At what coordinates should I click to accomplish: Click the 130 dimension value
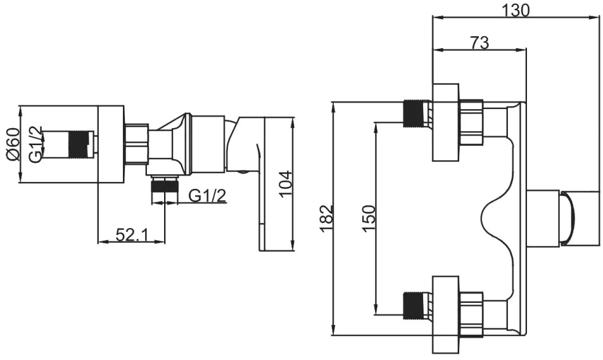516,10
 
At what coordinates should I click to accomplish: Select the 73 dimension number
479,42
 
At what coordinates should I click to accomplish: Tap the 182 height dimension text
326,219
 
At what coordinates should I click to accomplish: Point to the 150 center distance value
369,219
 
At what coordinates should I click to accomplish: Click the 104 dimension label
286,183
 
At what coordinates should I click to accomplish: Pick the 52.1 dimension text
132,235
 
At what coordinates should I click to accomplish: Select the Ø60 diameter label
13,145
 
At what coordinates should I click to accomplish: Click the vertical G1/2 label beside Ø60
35,145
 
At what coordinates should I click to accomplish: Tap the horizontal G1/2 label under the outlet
207,196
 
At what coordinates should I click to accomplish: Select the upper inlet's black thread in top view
412,113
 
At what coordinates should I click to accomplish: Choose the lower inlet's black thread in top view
412,305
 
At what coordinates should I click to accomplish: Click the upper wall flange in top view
446,122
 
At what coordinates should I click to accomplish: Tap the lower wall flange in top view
446,314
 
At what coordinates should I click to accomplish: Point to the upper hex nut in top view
471,123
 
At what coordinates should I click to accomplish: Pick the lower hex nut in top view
471,314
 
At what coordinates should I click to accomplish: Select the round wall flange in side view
111,144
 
